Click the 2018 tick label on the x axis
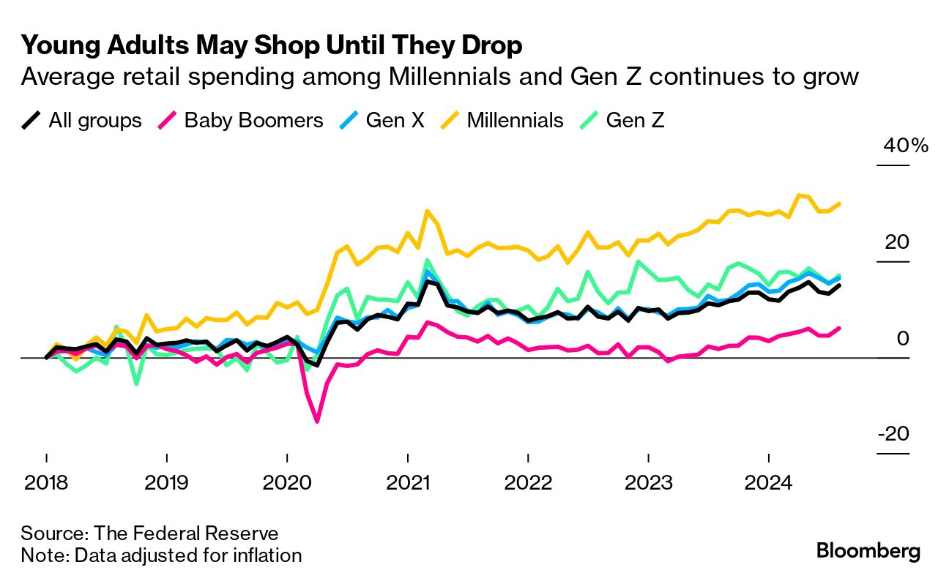tap(45, 484)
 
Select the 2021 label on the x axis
tap(407, 484)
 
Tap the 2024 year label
tap(769, 484)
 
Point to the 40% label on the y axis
tap(905, 146)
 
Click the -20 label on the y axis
tap(893, 434)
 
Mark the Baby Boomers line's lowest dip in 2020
tap(317, 421)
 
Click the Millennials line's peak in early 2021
tap(426, 211)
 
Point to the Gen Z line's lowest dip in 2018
tap(136, 383)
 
